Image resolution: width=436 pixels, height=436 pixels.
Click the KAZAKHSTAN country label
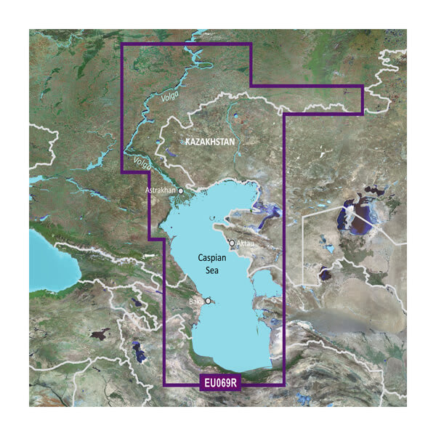210,142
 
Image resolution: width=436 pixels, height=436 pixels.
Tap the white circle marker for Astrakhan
181,190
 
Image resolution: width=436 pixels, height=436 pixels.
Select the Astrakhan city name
162,190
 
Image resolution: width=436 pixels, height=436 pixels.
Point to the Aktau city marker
232,243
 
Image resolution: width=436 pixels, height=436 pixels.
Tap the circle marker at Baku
208,300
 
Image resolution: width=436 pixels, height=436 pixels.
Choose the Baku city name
195,300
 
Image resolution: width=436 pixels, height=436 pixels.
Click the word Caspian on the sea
216,258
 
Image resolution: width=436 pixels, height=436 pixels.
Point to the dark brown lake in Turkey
98,335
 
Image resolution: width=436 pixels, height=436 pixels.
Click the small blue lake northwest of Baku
136,301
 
